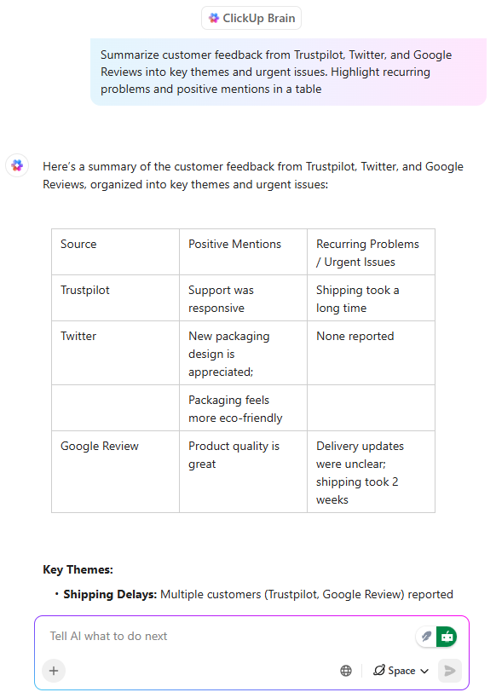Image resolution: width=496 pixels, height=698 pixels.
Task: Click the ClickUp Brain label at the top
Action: pyautogui.click(x=251, y=18)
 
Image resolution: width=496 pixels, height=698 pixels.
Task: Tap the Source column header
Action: pyautogui.click(x=78, y=244)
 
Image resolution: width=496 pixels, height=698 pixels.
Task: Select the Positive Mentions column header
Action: pyautogui.click(x=234, y=244)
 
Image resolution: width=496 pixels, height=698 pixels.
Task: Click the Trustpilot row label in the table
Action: pyautogui.click(x=85, y=290)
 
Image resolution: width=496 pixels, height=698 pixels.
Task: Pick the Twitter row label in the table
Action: pyautogui.click(x=78, y=336)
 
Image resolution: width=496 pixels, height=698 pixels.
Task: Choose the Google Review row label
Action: pyautogui.click(x=100, y=446)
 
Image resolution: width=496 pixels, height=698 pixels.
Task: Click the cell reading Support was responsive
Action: pyautogui.click(x=221, y=298)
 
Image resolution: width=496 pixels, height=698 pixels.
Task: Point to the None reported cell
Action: pyautogui.click(x=355, y=336)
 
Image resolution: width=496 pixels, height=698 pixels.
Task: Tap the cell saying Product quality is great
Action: pyautogui.click(x=234, y=455)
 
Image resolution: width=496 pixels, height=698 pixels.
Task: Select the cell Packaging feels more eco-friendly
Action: pyautogui.click(x=235, y=408)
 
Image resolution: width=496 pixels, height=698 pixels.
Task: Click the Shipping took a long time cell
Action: pyautogui.click(x=357, y=298)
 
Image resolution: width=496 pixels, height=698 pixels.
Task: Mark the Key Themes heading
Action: pyautogui.click(x=78, y=569)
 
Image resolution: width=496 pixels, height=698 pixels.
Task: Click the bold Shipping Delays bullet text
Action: pyautogui.click(x=110, y=594)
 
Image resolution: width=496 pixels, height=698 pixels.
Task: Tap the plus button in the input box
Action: pyautogui.click(x=54, y=671)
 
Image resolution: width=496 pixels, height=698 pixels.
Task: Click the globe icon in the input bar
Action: pyautogui.click(x=346, y=671)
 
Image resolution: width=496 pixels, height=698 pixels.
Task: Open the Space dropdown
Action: pyautogui.click(x=401, y=671)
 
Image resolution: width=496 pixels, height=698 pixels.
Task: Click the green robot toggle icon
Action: pyautogui.click(x=447, y=637)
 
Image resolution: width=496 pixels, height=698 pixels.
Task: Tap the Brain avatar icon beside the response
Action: pyautogui.click(x=17, y=165)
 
